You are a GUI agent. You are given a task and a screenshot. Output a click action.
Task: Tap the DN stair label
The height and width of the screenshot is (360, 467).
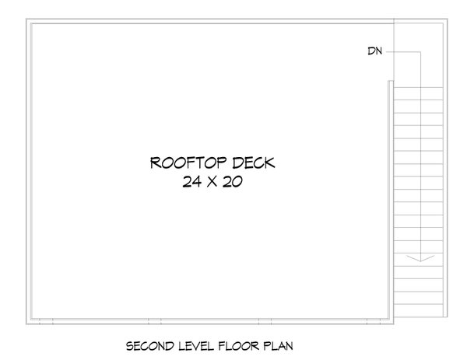(x=374, y=52)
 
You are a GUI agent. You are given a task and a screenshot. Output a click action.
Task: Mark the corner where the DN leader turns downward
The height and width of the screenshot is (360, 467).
(x=421, y=52)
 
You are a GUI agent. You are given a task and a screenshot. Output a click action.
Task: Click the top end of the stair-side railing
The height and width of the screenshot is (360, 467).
(x=389, y=86)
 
